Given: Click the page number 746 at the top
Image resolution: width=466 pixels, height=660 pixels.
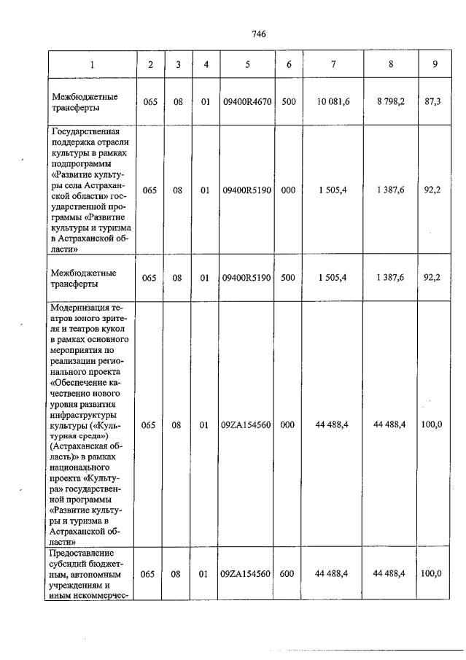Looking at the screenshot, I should click(x=258, y=34).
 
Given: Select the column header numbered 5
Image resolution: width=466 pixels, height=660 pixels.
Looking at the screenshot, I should click(x=248, y=64).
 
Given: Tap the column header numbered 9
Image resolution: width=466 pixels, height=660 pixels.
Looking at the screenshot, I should click(x=435, y=64).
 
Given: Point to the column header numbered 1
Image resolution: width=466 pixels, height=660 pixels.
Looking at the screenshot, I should click(x=92, y=64).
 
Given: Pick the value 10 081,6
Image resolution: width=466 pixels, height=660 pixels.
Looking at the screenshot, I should click(x=333, y=102).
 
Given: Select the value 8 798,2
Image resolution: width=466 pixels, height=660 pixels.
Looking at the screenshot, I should click(x=392, y=102).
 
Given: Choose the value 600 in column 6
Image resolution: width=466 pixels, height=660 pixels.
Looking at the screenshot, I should click(x=289, y=574).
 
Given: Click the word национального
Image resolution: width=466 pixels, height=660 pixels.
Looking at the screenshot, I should click(x=80, y=467).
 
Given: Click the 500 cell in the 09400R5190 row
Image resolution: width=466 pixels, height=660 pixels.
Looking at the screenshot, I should click(x=289, y=277).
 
